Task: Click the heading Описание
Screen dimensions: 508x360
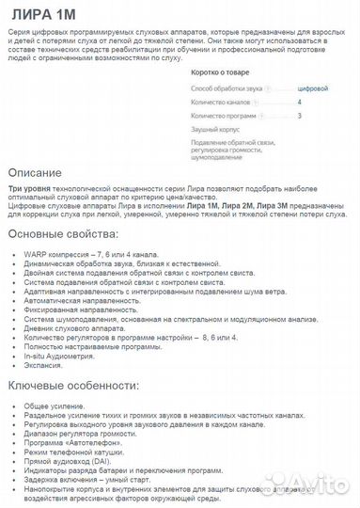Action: (35, 175)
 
